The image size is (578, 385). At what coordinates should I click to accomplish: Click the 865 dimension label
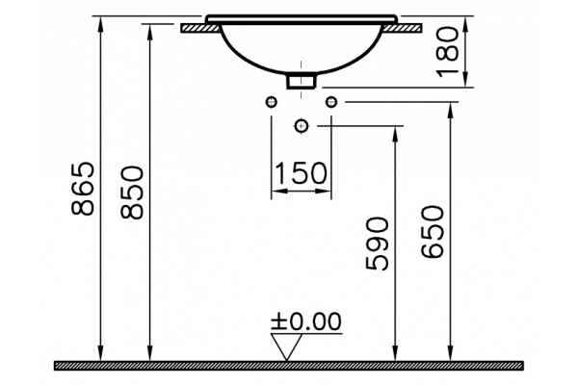(83, 189)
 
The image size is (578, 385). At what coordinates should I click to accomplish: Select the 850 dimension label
(132, 192)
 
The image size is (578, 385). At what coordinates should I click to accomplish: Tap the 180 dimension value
(448, 52)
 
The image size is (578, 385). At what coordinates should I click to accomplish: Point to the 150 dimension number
(301, 173)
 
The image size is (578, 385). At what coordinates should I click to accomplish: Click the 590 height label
(377, 244)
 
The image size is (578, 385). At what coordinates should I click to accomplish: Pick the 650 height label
(433, 232)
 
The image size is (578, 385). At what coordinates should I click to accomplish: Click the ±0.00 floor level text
(306, 321)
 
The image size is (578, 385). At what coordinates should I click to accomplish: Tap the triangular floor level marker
(286, 346)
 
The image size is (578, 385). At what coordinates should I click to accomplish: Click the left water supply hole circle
(272, 102)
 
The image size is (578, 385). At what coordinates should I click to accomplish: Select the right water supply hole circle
(331, 102)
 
